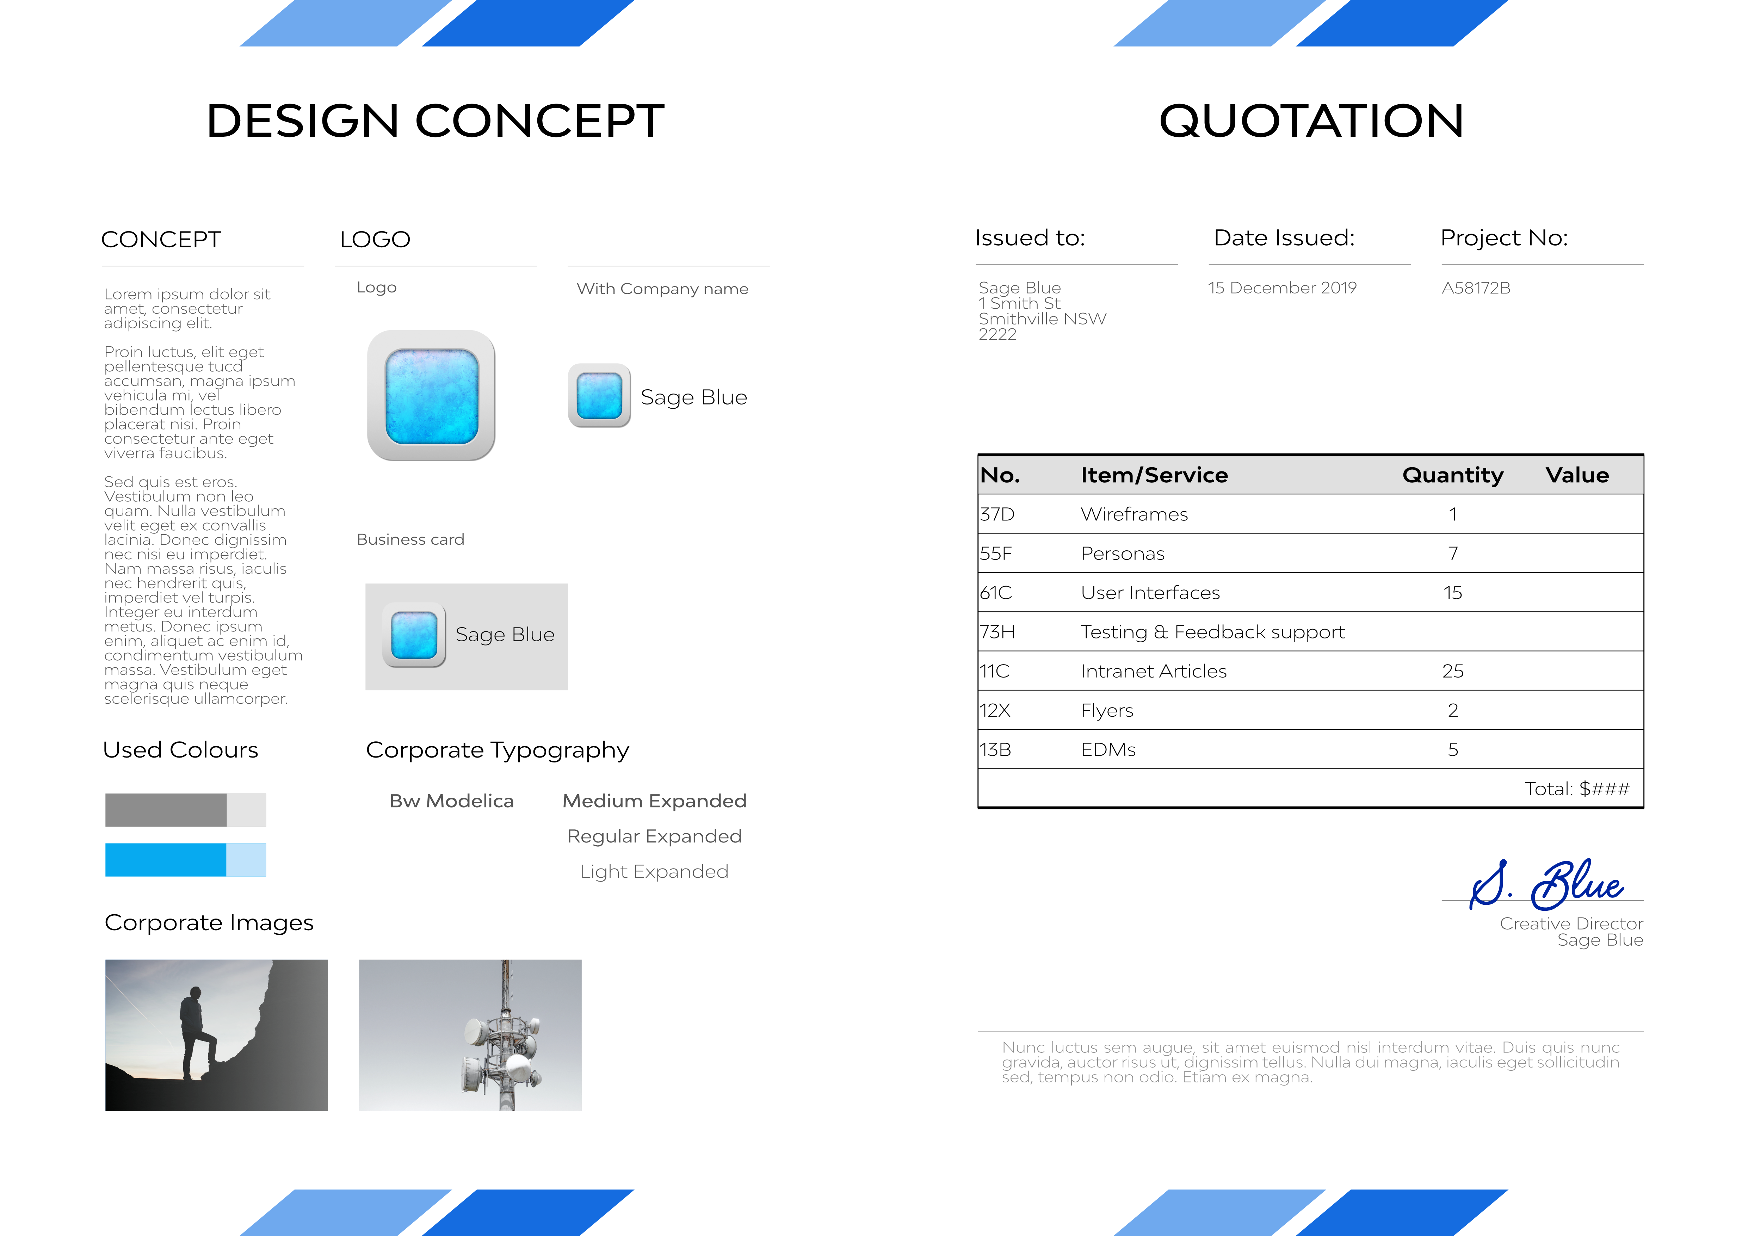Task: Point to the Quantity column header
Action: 1453,475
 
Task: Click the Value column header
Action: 1577,475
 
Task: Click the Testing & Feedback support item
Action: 1213,632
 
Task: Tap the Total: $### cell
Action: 1577,789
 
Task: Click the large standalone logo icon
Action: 431,396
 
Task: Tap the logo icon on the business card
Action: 414,635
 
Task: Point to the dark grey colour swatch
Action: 166,810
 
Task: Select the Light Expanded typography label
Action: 654,871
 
